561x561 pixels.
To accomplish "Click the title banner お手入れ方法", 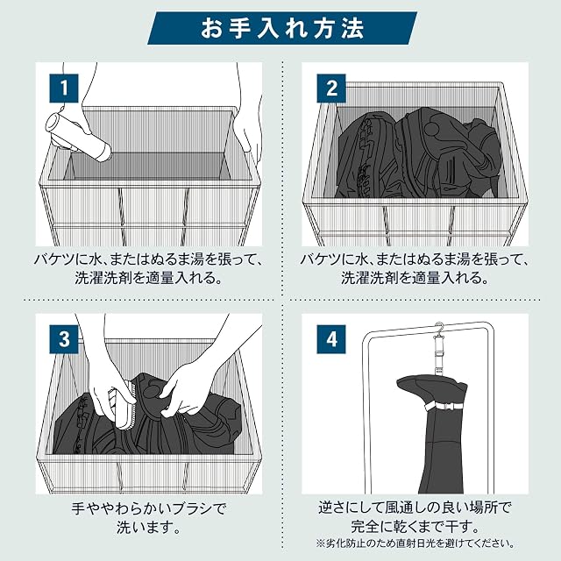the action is (x=282, y=28).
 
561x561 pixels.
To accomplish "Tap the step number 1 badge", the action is (x=64, y=88).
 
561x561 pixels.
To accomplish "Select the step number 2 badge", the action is (x=331, y=88).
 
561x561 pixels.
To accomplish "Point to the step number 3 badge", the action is (x=64, y=339).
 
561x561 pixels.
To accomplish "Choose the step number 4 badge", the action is (x=331, y=339).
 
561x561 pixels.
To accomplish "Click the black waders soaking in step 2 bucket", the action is (x=419, y=154).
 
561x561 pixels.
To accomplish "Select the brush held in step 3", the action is (x=121, y=408).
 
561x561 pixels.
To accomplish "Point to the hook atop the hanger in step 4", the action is (x=440, y=328).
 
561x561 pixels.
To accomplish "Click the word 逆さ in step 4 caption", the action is (x=333, y=508).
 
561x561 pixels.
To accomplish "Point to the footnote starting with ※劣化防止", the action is (x=415, y=543).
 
